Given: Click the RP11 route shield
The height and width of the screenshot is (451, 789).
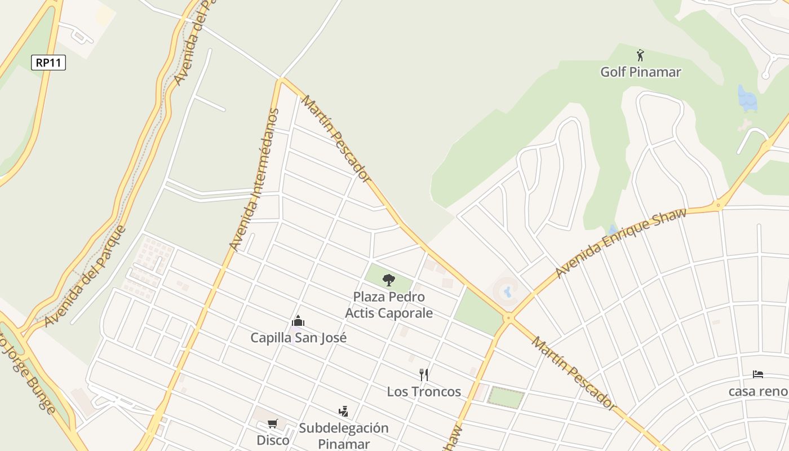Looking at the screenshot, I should click(48, 63).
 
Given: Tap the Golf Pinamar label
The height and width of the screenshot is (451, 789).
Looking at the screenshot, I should click(640, 72).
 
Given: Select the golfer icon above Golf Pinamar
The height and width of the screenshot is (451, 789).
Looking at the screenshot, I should click(640, 55).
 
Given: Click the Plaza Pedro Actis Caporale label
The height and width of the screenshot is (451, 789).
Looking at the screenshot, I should click(389, 305).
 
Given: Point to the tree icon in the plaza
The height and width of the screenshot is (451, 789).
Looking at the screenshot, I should click(389, 280).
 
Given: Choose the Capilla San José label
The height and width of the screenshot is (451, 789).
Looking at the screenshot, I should click(298, 338).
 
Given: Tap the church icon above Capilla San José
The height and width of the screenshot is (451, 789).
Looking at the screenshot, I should click(298, 321).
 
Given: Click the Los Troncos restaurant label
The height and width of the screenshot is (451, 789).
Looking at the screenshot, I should click(423, 391).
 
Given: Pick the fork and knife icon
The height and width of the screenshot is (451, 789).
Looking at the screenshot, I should click(424, 374).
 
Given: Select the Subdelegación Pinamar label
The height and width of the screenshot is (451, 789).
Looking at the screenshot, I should click(344, 435).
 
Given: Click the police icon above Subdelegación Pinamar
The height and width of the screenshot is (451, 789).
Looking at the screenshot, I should click(343, 412).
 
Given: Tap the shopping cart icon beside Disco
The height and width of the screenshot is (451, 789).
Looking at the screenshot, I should click(273, 423).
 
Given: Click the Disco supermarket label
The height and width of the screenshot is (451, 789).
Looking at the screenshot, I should click(273, 440).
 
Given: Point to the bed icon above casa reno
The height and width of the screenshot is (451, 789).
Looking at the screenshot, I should click(758, 374).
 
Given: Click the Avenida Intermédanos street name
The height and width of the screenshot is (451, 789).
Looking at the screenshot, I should click(255, 179).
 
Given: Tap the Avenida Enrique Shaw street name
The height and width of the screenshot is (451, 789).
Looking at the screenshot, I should click(621, 243).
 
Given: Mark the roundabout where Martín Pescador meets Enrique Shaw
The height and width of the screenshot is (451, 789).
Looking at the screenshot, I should click(509, 318).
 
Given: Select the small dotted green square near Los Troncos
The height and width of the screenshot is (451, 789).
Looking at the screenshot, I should click(506, 397).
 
